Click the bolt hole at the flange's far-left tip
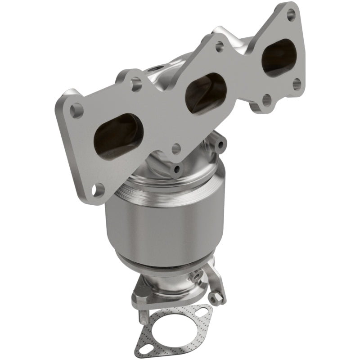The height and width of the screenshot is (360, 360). (x=76, y=109)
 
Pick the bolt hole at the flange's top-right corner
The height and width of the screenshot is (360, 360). (x=291, y=15)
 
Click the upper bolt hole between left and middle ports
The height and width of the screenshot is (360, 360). (x=136, y=82)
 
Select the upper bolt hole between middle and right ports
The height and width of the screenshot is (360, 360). (x=219, y=45)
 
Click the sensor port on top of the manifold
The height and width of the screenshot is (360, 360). (x=155, y=70)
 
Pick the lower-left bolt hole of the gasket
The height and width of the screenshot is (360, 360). (x=143, y=348)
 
